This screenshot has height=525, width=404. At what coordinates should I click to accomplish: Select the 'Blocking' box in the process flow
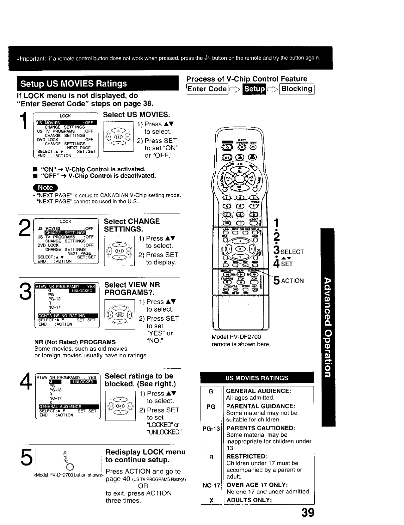tap(297, 89)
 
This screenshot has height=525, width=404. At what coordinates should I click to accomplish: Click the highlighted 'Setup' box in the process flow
tap(254, 89)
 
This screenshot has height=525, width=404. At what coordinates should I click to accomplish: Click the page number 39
tap(306, 513)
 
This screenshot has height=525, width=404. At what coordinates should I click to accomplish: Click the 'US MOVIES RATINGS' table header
tap(257, 378)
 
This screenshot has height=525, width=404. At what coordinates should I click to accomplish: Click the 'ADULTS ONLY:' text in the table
tap(249, 500)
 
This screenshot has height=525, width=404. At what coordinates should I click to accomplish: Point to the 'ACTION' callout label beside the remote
tap(292, 281)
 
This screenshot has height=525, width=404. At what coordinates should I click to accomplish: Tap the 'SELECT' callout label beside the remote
tap(292, 252)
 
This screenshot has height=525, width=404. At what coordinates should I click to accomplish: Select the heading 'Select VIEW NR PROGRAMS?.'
tap(132, 289)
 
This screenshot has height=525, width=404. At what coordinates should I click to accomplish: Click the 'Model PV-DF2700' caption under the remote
tap(236, 337)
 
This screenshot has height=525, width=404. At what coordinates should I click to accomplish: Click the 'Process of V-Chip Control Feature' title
tap(247, 79)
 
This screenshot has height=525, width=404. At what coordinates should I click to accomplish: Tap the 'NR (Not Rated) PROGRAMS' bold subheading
tap(75, 342)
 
